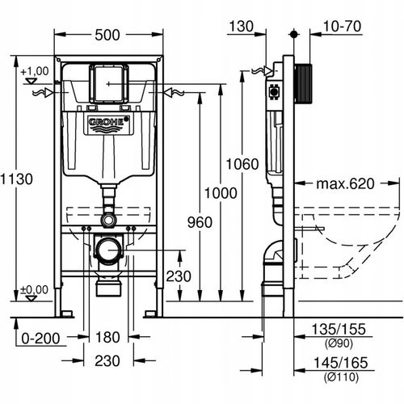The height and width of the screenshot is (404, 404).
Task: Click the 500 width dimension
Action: [x=108, y=36]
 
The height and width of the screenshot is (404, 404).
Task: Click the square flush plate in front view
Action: [x=108, y=82]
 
